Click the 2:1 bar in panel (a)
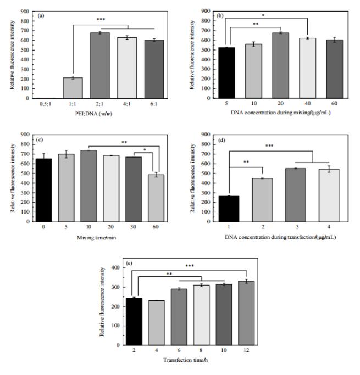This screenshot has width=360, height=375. point(100,65)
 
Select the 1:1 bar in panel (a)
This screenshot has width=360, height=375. point(73,88)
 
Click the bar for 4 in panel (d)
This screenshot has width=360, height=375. point(317,198)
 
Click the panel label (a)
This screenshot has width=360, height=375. point(41,16)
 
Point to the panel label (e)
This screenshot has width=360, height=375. point(129,261)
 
